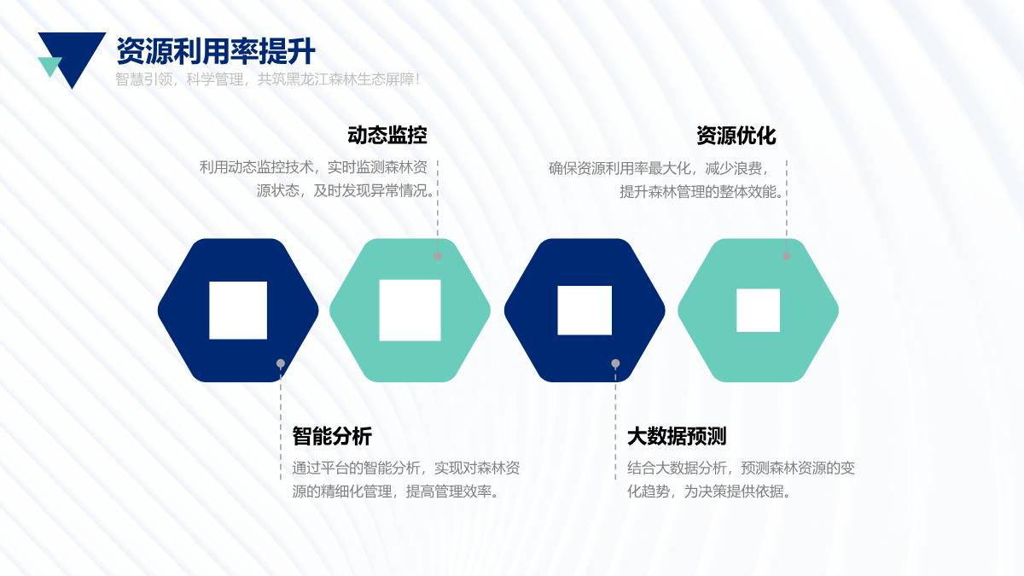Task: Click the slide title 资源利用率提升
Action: pyautogui.click(x=216, y=51)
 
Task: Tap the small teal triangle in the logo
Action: pyautogui.click(x=49, y=66)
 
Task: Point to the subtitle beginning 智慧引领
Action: pyautogui.click(x=267, y=79)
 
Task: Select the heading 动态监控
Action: pyautogui.click(x=387, y=136)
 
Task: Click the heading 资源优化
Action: pyautogui.click(x=736, y=136)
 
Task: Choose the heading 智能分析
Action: pyautogui.click(x=332, y=436)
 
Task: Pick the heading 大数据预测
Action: pyautogui.click(x=677, y=436)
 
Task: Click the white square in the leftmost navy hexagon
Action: pyautogui.click(x=238, y=311)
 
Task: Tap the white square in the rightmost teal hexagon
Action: pyautogui.click(x=758, y=311)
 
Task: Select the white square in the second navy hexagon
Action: pyautogui.click(x=585, y=311)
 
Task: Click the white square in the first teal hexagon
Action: pyautogui.click(x=410, y=311)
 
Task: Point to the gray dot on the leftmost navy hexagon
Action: pyautogui.click(x=281, y=364)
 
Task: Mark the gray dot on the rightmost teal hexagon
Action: pyautogui.click(x=786, y=256)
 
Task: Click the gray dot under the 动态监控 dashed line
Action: pyautogui.click(x=438, y=256)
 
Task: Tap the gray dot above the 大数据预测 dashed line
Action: pyautogui.click(x=615, y=364)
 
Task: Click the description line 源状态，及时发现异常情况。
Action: pyautogui.click(x=346, y=190)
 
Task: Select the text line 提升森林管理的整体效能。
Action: pyautogui.click(x=701, y=192)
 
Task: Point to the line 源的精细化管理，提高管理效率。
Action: pyautogui.click(x=395, y=492)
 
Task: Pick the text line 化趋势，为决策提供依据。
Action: pyautogui.click(x=709, y=492)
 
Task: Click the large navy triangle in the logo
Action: pyautogui.click(x=74, y=53)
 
